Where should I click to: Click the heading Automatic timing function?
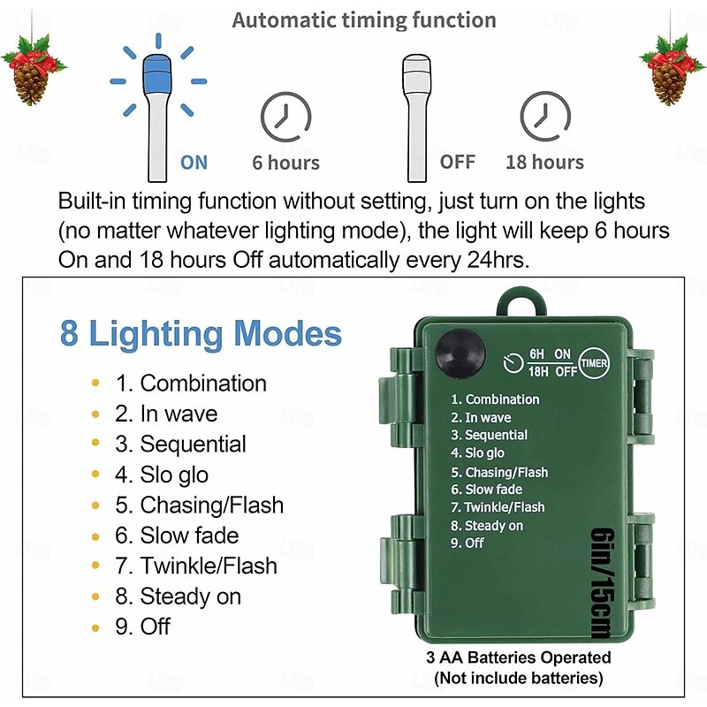pos(364,20)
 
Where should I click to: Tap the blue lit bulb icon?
pos(158,115)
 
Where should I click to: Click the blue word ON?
pos(194,162)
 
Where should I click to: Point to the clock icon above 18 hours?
pos(544,117)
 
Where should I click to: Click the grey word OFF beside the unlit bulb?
pos(457,162)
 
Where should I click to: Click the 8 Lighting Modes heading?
pos(201,334)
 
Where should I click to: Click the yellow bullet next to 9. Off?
pos(95,627)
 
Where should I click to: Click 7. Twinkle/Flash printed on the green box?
pos(498,507)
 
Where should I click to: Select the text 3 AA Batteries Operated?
pos(518,658)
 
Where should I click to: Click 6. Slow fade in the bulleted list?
pos(189,536)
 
